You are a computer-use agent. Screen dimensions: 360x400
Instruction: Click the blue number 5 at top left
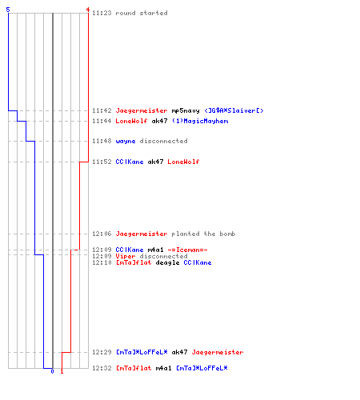pos(8,10)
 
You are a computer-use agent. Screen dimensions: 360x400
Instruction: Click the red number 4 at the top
pos(87,10)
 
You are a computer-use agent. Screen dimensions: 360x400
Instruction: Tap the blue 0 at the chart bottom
pos(52,371)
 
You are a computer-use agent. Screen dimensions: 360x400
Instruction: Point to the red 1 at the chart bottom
pos(62,371)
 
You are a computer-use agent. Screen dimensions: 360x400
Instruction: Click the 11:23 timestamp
pos(102,13)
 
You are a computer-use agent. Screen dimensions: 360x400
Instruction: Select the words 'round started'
pos(142,13)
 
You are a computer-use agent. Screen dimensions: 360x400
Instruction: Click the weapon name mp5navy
pos(186,110)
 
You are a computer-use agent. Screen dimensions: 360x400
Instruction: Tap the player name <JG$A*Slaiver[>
pos(234,110)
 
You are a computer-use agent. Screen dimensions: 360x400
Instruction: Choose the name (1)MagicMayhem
pos(200,121)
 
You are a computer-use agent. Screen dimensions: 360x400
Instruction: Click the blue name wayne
pos(126,141)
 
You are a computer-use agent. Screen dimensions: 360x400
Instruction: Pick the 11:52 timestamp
pos(102,162)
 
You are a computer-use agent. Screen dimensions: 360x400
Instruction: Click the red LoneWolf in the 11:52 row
pos(183,162)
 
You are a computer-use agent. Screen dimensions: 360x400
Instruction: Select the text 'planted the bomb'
pos(203,234)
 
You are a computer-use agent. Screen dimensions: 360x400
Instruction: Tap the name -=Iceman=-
pos(187,250)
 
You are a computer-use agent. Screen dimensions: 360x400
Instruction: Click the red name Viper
pos(126,256)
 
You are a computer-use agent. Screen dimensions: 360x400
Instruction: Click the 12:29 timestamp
pos(102,352)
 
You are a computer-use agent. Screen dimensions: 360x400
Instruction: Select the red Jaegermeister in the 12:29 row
pos(218,352)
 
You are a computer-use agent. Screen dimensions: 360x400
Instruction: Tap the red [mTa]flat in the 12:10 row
pos(134,262)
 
